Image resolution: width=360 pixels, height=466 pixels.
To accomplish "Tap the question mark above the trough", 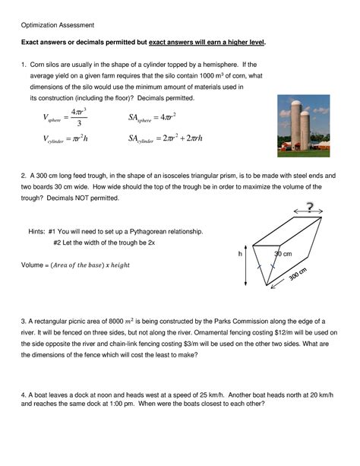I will click(x=308, y=207).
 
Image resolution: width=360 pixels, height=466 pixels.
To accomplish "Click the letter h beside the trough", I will click(x=241, y=253).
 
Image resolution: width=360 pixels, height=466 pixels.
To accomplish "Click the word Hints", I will click(x=37, y=230).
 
